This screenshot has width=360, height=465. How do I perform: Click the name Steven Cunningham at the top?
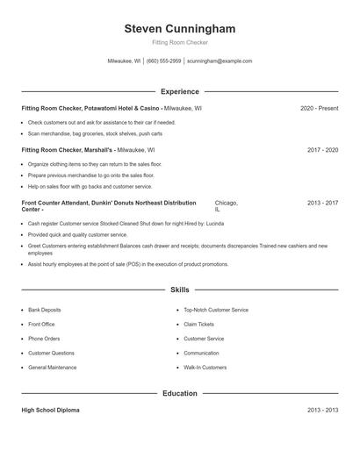[x=180, y=29]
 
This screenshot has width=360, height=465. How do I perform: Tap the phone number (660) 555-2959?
[x=164, y=61]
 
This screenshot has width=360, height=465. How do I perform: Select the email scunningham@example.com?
[x=220, y=61]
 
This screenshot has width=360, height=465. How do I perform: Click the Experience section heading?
[x=180, y=91]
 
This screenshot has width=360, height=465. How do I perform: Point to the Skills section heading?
[x=180, y=289]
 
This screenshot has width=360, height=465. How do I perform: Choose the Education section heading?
[x=180, y=394]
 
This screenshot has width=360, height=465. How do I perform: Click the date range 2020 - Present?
[x=319, y=108]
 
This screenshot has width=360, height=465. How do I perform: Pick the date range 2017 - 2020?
[x=322, y=150]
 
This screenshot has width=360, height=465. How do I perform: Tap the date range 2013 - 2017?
[x=322, y=203]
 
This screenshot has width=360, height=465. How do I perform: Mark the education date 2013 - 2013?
[x=322, y=411]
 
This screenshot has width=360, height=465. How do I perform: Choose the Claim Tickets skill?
[x=198, y=324]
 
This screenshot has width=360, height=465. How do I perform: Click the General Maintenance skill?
[x=52, y=367]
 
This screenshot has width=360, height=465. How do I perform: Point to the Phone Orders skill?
[x=44, y=339]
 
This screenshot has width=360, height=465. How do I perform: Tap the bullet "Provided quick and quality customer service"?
[x=78, y=235]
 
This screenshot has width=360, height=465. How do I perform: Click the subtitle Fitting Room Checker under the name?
[x=180, y=43]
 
